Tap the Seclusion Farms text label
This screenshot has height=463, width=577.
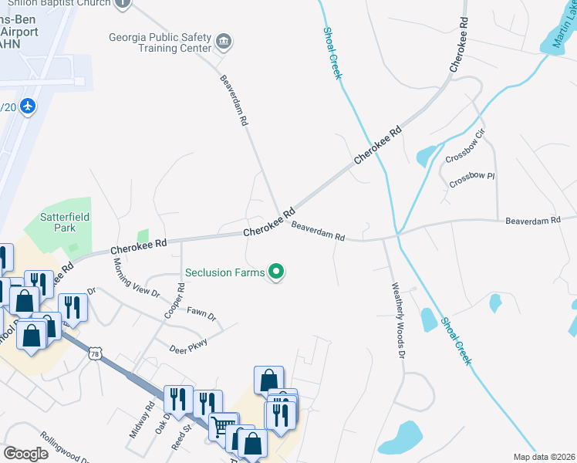click(224, 272)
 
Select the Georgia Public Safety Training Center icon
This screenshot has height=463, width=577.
click(224, 41)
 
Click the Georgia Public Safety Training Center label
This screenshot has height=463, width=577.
click(160, 42)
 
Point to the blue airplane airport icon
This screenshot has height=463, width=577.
click(29, 105)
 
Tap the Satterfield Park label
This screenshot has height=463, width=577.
click(64, 223)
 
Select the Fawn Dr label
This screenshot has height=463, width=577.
click(201, 314)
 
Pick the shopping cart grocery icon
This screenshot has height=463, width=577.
click(223, 425)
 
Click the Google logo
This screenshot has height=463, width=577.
click(26, 453)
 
